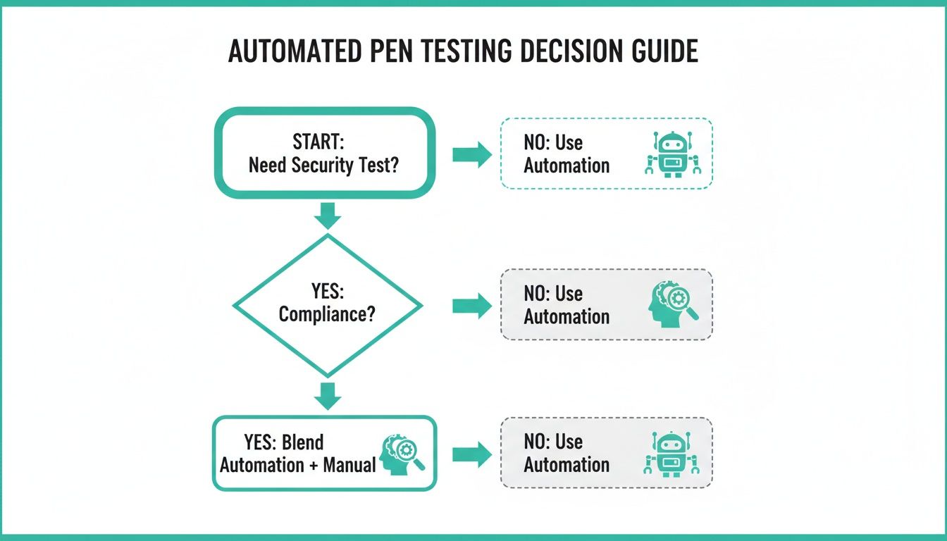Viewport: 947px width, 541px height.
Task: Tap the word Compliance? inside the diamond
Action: (x=327, y=313)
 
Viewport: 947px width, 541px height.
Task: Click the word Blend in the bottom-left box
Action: (x=302, y=442)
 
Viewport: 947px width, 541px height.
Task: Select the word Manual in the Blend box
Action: (x=349, y=466)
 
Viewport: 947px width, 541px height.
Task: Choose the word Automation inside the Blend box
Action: (x=261, y=466)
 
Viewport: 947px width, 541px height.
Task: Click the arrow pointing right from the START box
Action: (x=471, y=154)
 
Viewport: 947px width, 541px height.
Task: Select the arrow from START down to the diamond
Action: (x=326, y=214)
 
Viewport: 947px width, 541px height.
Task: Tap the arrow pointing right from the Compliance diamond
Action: (x=471, y=306)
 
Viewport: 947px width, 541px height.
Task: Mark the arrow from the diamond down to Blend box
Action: (x=326, y=396)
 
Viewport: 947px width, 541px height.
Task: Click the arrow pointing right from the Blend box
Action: (x=471, y=454)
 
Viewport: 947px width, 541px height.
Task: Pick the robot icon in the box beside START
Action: (x=674, y=154)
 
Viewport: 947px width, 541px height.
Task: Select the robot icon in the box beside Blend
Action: (x=674, y=454)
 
